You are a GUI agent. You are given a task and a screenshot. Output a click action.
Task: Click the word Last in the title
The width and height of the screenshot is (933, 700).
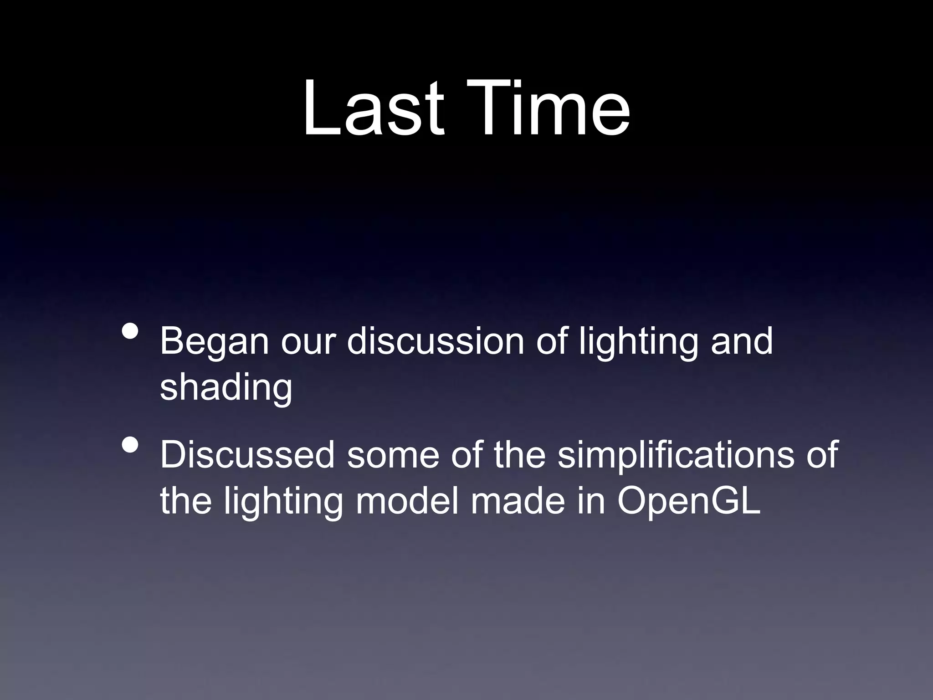pos(373,109)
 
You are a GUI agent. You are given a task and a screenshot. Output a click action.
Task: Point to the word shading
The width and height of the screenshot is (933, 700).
pos(226,387)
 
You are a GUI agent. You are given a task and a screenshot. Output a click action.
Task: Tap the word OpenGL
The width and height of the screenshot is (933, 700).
pos(689,501)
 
